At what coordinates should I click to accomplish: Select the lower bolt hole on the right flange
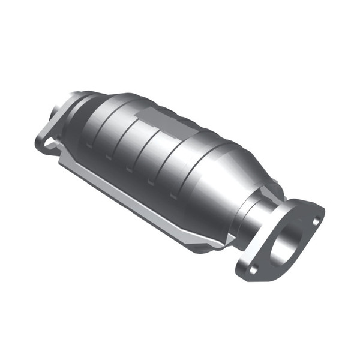click(253, 270)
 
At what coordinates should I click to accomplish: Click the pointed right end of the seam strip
click(231, 240)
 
